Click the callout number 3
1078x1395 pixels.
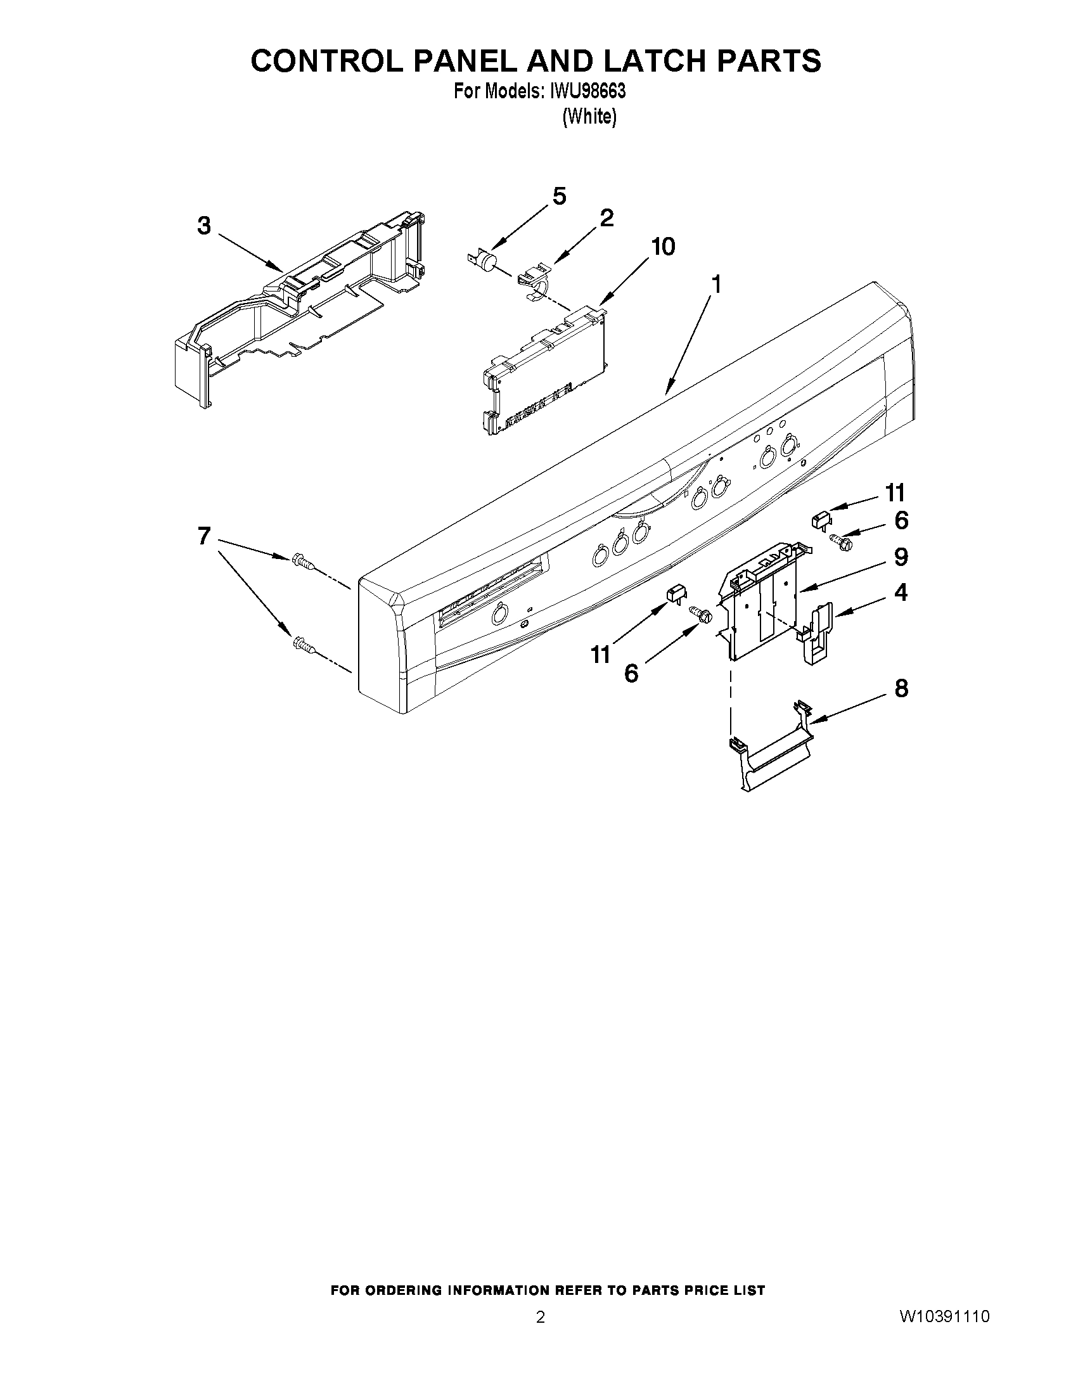pyautogui.click(x=203, y=226)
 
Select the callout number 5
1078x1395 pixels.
pyautogui.click(x=559, y=196)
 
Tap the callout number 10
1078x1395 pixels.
pyautogui.click(x=664, y=247)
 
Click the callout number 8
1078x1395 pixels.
pyautogui.click(x=901, y=688)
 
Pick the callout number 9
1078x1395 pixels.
pyautogui.click(x=901, y=557)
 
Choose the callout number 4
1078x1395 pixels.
pyautogui.click(x=901, y=593)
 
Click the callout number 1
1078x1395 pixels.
pyautogui.click(x=717, y=283)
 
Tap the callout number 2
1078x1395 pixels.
pyautogui.click(x=606, y=218)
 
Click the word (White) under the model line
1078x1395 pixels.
pyautogui.click(x=589, y=117)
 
